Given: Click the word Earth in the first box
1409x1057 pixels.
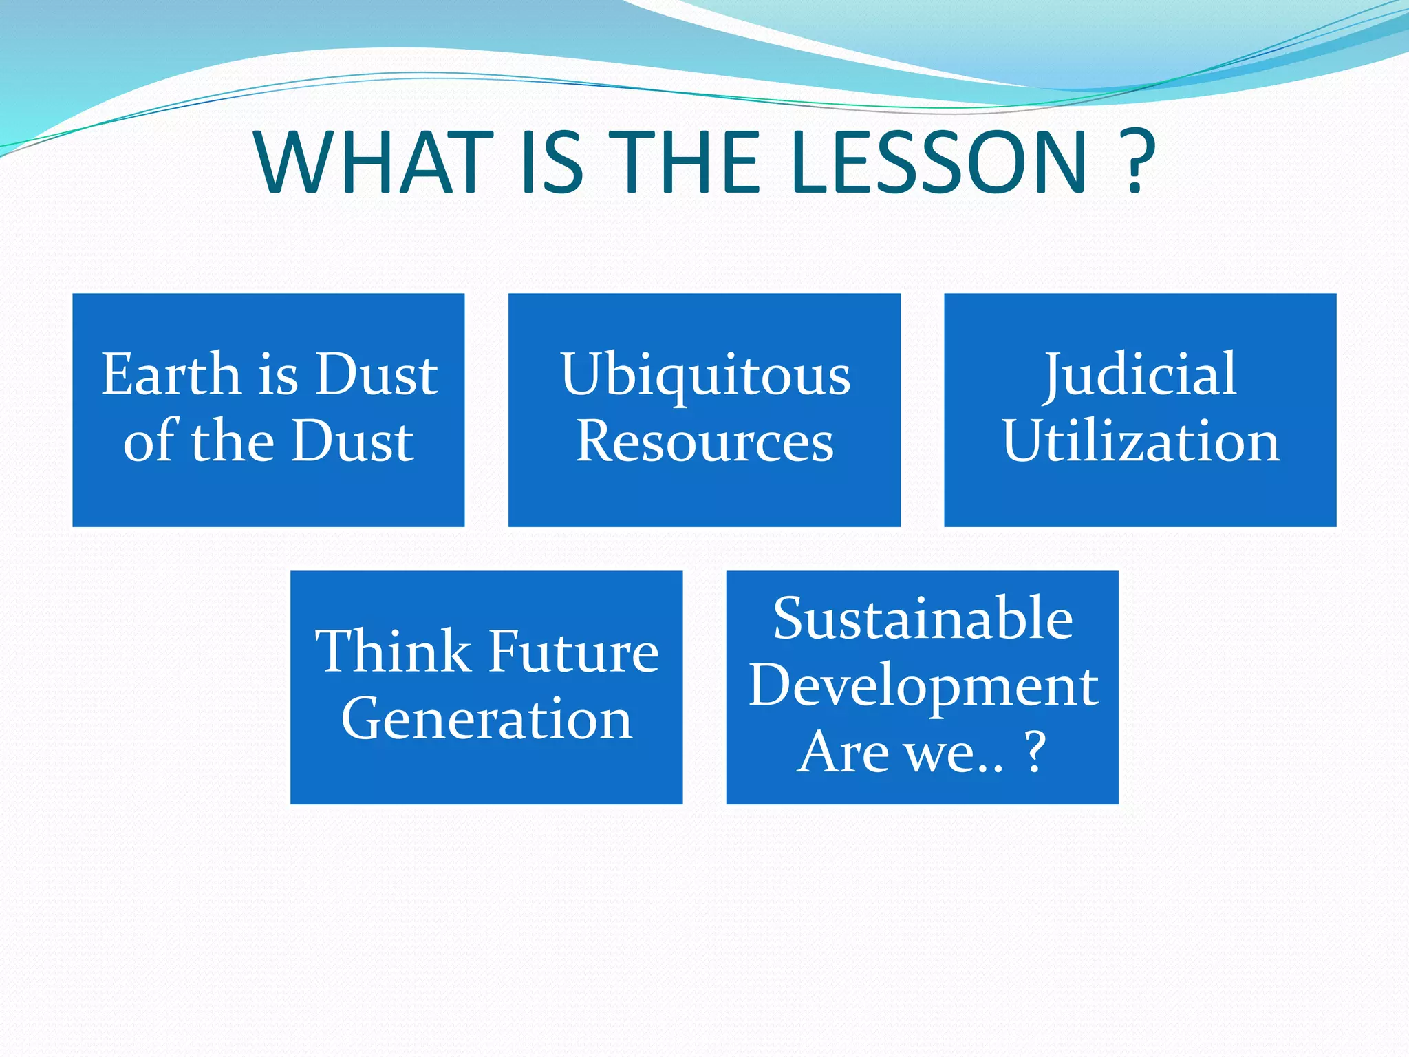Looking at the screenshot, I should (171, 374).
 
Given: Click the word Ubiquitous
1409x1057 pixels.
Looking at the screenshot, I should (705, 376).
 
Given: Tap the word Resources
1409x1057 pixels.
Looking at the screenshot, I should (705, 441).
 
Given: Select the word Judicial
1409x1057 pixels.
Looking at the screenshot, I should (1140, 374).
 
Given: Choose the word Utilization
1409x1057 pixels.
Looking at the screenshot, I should (1141, 441).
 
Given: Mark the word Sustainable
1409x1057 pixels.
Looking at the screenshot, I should (923, 618).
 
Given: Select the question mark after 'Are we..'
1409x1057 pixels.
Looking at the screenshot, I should (1036, 751).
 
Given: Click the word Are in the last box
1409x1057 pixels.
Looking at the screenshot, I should (843, 751).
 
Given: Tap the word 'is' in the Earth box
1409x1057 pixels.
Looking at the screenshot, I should (278, 376).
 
